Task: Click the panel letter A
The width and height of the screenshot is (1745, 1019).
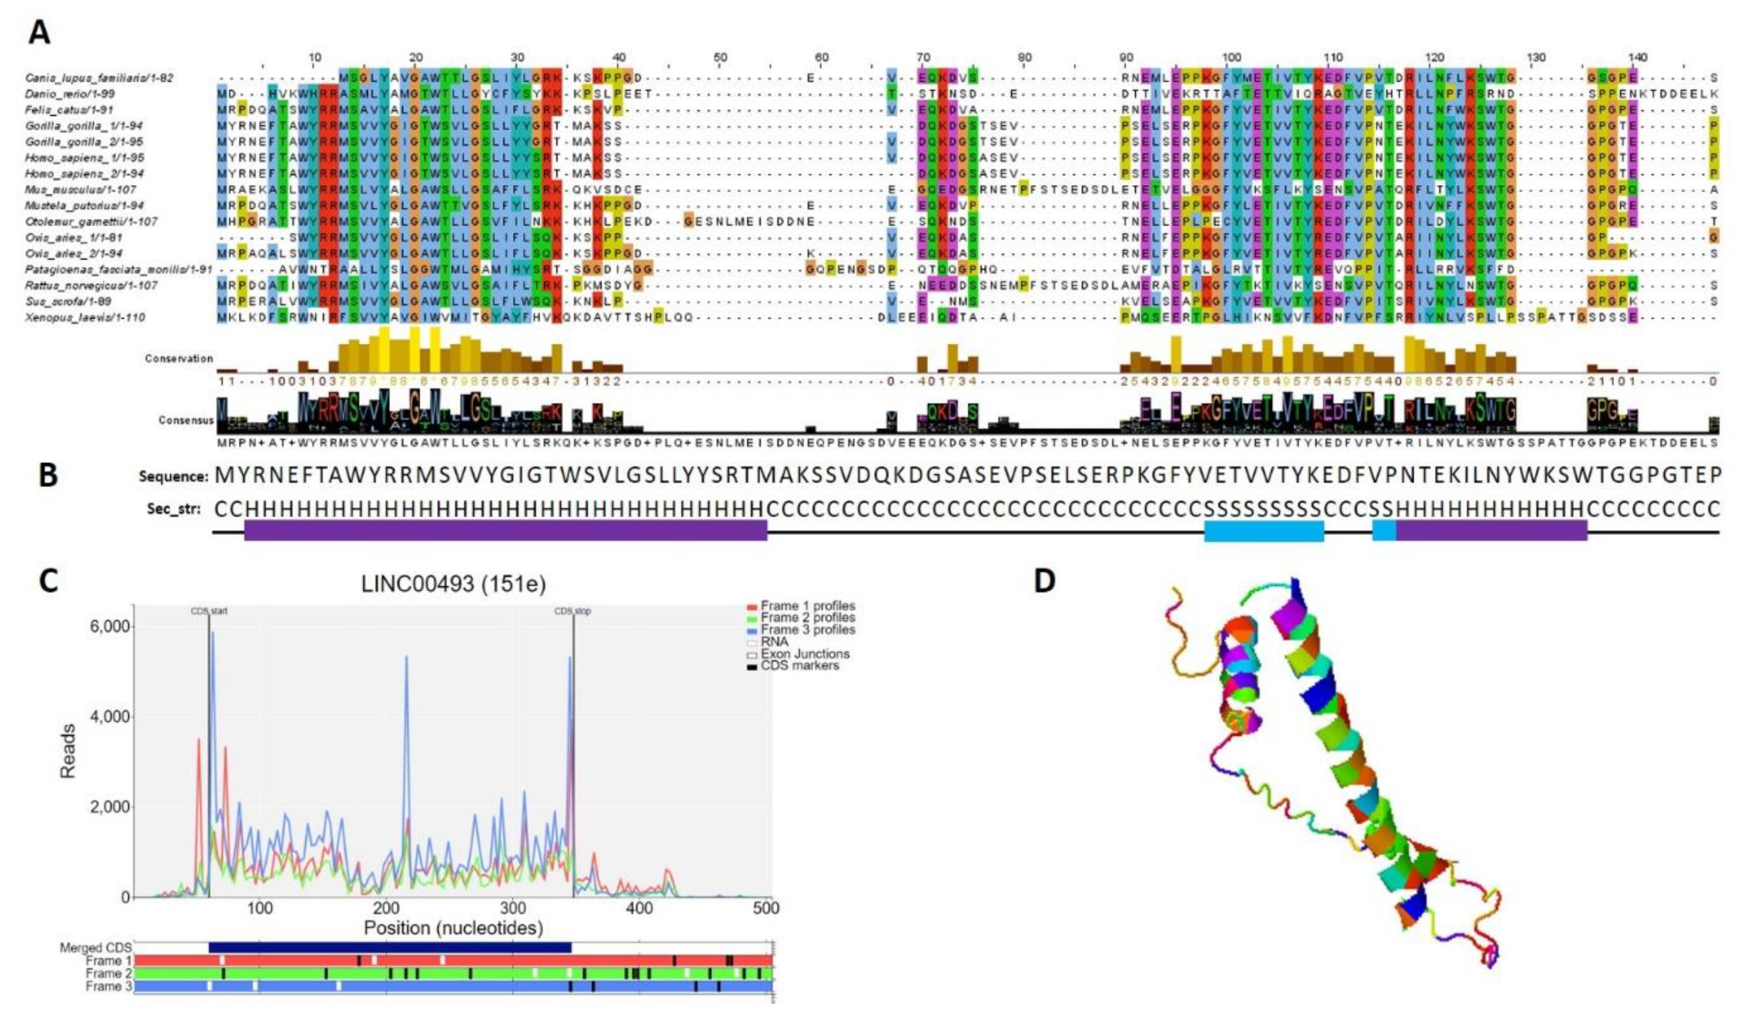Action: [x=39, y=32]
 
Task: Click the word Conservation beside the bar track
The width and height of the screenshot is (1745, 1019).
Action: [x=179, y=359]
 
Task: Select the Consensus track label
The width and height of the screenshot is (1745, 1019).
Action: [x=185, y=420]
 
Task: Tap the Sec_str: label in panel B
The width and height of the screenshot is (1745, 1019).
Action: [x=174, y=509]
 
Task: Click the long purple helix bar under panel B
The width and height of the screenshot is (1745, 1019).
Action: [x=506, y=531]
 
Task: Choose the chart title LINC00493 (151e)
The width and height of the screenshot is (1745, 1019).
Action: [x=453, y=584]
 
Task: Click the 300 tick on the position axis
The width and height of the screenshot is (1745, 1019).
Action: [x=513, y=907]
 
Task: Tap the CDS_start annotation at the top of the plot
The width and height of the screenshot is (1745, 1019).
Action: [x=209, y=611]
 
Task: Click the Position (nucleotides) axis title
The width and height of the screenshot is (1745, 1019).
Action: [x=453, y=928]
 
